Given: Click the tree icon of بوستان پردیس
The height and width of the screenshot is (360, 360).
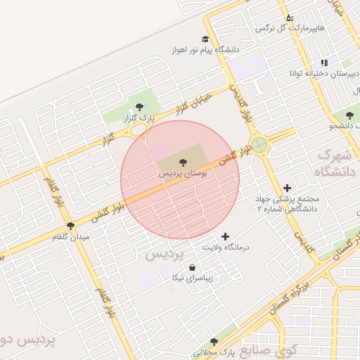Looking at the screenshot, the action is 184,162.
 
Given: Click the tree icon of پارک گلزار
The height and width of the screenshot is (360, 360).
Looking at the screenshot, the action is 139,108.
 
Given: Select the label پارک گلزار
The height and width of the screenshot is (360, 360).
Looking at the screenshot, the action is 139,118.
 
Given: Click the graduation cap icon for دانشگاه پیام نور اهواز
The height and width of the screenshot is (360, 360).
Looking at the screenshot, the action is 205,39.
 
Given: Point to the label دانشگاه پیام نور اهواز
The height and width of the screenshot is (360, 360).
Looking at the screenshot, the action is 205,51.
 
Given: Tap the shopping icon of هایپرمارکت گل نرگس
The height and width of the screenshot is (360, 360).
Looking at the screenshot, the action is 288,18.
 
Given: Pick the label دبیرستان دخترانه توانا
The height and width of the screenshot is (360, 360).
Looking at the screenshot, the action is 323,73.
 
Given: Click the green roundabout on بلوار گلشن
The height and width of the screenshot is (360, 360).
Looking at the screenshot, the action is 261,145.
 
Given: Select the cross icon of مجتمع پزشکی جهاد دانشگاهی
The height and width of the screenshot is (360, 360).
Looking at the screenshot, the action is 287,188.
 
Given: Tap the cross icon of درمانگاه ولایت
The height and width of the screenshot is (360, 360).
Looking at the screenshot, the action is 225,236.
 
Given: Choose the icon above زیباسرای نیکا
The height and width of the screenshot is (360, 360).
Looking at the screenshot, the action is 192,267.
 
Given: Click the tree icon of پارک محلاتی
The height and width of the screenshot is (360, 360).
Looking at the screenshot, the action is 214,342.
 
